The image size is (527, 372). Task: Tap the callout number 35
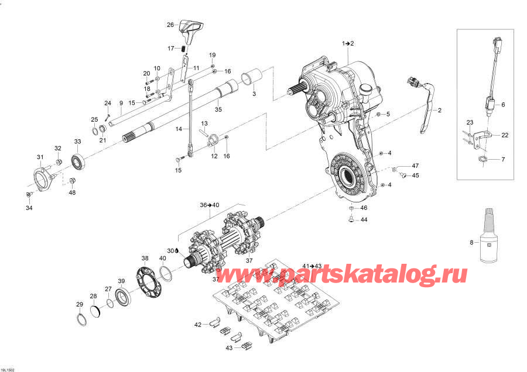tap(218, 109)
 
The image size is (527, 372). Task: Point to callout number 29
tap(80, 304)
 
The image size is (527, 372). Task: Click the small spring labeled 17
tap(183, 48)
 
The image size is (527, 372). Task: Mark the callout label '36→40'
tap(210, 205)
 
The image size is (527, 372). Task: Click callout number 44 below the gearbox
tap(364, 221)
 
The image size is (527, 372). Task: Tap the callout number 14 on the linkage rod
tap(179, 129)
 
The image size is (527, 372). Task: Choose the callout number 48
tap(72, 192)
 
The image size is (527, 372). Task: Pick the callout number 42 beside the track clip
tap(198, 323)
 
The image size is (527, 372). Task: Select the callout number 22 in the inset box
tap(504, 135)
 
